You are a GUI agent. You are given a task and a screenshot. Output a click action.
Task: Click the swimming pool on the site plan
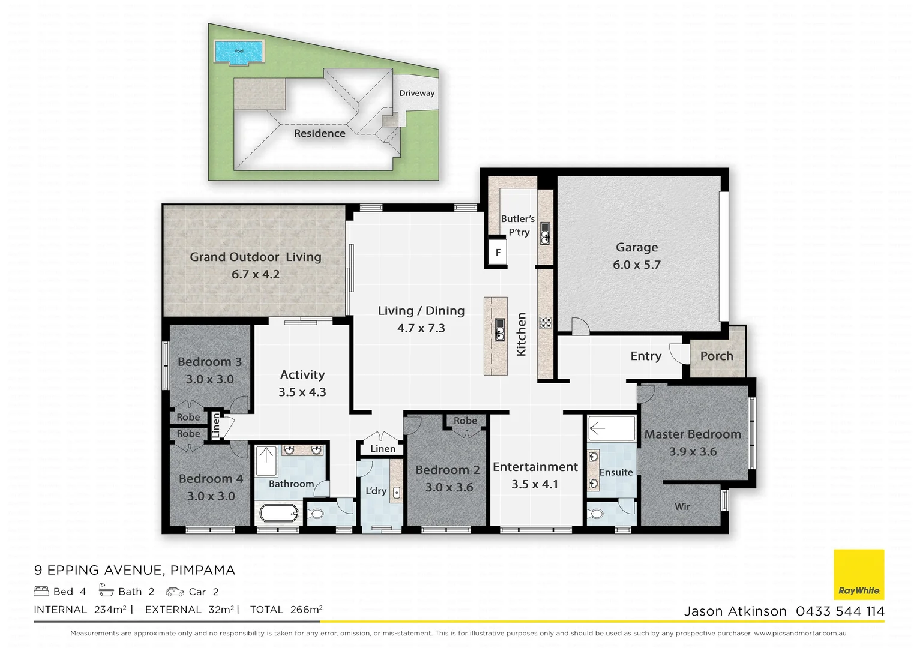pyautogui.click(x=239, y=52)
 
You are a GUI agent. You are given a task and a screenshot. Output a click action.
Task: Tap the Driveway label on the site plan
pyautogui.click(x=416, y=93)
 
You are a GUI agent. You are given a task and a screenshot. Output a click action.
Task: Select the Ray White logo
pyautogui.click(x=859, y=574)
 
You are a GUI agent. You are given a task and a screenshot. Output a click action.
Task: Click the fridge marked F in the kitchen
pyautogui.click(x=498, y=253)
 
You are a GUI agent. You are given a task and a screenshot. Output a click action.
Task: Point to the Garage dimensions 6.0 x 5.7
pyautogui.click(x=636, y=265)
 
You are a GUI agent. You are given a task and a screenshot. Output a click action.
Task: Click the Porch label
pyautogui.click(x=717, y=356)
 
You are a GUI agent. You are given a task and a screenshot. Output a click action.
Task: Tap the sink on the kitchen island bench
pyautogui.click(x=499, y=329)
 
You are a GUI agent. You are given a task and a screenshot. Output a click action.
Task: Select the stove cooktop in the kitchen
pyautogui.click(x=545, y=323)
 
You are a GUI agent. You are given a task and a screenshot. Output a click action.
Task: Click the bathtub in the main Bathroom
pyautogui.click(x=279, y=514)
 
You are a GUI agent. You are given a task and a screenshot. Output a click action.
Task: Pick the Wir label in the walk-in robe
pyautogui.click(x=682, y=506)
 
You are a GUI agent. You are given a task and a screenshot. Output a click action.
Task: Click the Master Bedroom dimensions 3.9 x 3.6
pyautogui.click(x=693, y=451)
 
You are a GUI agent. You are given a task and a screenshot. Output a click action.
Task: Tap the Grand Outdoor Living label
pyautogui.click(x=256, y=257)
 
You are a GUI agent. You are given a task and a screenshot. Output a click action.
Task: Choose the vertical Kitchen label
pyautogui.click(x=521, y=334)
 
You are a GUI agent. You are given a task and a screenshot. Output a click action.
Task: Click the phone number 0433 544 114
pyautogui.click(x=840, y=611)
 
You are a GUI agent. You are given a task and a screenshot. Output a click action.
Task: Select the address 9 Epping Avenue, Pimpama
pyautogui.click(x=134, y=570)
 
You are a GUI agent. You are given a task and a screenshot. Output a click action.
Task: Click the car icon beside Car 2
pyautogui.click(x=175, y=592)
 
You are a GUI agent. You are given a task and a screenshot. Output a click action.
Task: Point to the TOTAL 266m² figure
pyautogui.click(x=286, y=610)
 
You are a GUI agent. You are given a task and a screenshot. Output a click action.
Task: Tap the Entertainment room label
pyautogui.click(x=535, y=467)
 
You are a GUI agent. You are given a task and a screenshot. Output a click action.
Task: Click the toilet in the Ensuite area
pyautogui.click(x=596, y=514)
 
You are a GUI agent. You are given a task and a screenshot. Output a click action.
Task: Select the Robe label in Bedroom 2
pyautogui.click(x=465, y=421)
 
